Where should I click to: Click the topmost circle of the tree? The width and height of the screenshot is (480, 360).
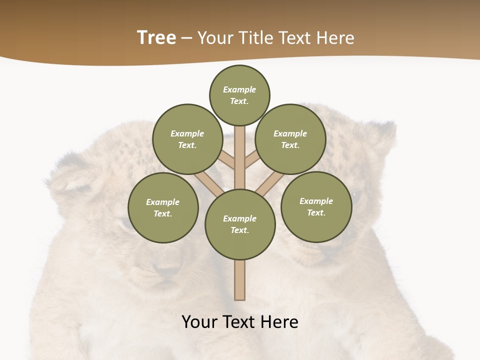click(239, 95)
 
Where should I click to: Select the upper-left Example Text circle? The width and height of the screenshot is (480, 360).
click(187, 139)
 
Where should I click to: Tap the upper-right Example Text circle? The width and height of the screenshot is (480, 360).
click(290, 139)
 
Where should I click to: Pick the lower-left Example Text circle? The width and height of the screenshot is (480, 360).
click(162, 207)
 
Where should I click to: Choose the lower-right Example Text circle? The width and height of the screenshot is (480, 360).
click(316, 206)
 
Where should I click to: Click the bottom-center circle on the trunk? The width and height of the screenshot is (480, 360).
click(240, 224)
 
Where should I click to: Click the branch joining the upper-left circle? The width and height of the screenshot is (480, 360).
click(226, 160)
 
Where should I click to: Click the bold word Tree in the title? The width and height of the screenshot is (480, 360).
click(156, 37)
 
